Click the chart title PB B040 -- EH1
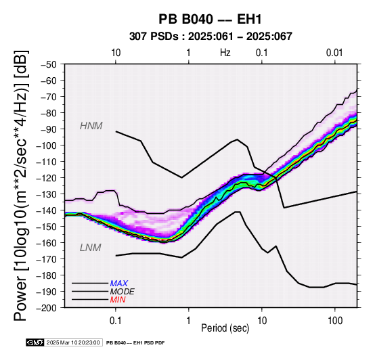point(210,19)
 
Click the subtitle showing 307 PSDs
point(211,37)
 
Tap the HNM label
point(91,126)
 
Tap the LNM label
point(91,248)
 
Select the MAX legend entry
point(119,284)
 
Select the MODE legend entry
point(123,292)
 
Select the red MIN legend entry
point(118,300)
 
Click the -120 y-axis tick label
point(47,178)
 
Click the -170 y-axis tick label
point(47,259)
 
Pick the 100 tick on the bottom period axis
point(335,321)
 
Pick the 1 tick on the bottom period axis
point(189,321)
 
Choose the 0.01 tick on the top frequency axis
point(334,53)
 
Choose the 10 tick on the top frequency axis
point(116,53)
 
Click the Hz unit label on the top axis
point(225,53)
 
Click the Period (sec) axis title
point(225,328)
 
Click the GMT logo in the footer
point(35,342)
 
